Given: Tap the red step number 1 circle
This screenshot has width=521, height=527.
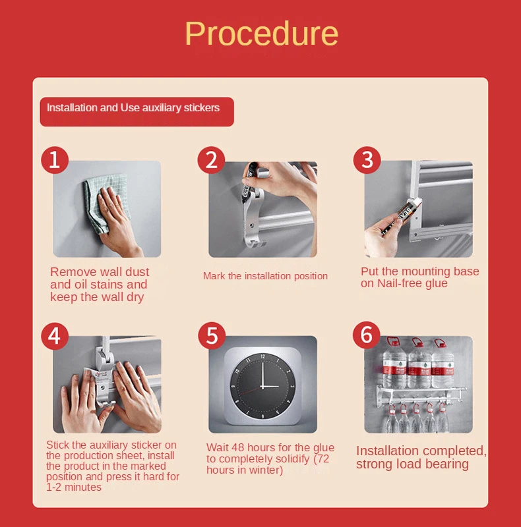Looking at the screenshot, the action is (55, 159).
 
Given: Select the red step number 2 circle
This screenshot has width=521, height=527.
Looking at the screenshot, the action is (211, 159).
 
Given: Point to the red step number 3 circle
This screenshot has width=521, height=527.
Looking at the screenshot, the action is (367, 159).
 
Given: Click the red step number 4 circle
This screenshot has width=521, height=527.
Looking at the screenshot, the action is (55, 336).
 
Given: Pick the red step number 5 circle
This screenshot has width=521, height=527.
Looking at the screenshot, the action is (212, 335).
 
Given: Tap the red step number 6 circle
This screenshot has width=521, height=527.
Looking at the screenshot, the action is (367, 335).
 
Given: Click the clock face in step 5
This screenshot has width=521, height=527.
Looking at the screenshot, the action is (263, 386).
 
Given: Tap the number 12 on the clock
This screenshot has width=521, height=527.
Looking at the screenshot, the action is (262, 356).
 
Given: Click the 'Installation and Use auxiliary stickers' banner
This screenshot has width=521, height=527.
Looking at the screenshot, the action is (137, 111).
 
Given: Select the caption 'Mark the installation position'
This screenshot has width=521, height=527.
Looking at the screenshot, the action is (265, 276).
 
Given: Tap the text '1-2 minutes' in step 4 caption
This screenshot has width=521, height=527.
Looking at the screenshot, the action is (74, 487).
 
